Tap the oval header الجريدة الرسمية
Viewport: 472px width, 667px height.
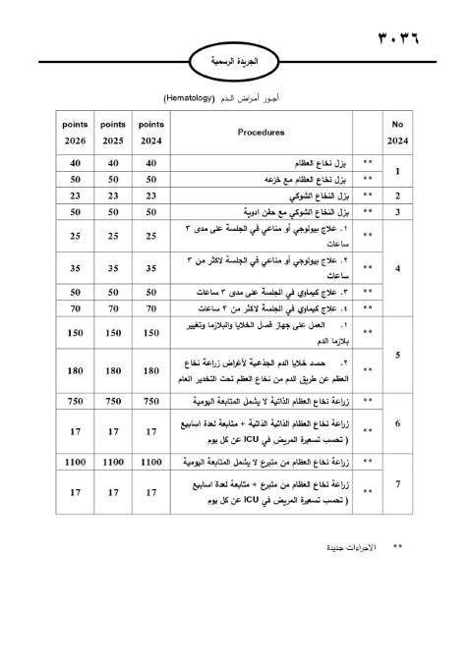click(235, 60)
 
